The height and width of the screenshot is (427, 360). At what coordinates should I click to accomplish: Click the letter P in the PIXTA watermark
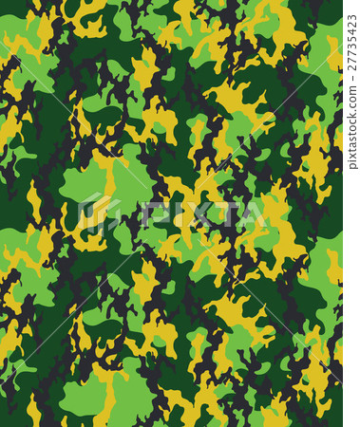coord(150,213)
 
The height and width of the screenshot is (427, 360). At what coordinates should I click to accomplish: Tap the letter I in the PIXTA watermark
coord(173,213)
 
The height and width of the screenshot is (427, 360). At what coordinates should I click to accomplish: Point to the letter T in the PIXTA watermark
coord(223,213)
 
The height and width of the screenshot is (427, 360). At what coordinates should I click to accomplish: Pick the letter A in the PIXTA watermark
coord(251,213)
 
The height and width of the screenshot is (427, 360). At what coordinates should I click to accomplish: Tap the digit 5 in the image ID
coord(351,34)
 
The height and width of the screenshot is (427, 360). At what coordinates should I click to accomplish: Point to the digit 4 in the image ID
coord(351,27)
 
